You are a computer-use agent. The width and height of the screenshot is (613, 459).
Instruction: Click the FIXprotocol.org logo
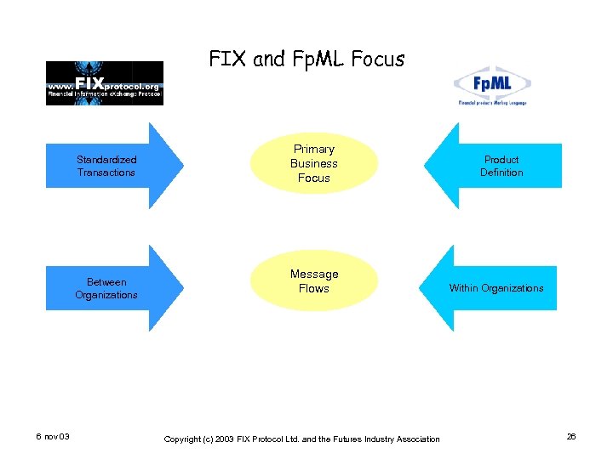point(104,82)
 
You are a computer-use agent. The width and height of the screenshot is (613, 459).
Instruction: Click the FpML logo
point(491,86)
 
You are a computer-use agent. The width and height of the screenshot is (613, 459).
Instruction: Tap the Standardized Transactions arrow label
point(106,166)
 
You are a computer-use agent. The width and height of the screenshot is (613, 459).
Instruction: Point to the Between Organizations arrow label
point(106,288)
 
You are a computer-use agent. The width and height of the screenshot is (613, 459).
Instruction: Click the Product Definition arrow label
point(501,166)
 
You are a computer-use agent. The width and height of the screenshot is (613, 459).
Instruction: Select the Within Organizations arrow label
point(496,288)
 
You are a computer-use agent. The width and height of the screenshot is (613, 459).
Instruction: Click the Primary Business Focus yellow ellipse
point(313,163)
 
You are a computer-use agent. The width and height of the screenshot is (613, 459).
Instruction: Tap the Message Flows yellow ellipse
point(313,281)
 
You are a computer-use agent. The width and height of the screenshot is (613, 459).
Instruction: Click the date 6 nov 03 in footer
point(53,437)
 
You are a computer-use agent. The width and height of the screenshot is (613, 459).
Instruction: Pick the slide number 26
point(571,437)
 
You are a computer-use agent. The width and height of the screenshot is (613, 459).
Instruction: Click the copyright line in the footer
point(301,439)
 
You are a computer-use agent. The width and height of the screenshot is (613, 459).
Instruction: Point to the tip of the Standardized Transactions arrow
point(181,166)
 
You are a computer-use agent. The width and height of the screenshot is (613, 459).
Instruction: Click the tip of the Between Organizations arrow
point(181,288)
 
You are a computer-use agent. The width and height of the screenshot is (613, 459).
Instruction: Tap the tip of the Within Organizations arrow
point(421,288)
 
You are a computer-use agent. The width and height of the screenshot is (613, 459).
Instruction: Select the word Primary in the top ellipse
point(313,149)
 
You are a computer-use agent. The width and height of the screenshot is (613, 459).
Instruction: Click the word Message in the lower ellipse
point(313,274)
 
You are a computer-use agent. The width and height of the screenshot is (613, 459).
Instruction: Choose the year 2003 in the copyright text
point(225,439)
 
